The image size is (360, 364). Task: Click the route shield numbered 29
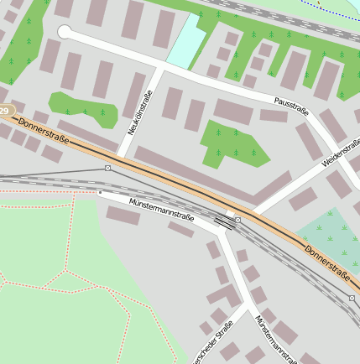click(x=6, y=111)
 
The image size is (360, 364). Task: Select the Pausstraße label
click(x=291, y=106)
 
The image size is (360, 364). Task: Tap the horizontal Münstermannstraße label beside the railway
click(x=161, y=210)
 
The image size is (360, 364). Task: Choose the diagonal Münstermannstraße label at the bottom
click(x=276, y=339)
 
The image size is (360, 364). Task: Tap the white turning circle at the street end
click(x=65, y=32)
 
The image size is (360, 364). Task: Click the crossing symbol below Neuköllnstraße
click(x=108, y=168)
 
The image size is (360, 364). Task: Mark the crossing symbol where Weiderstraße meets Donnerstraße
click(x=238, y=220)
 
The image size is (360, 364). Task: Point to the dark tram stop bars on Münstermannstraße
click(x=224, y=222)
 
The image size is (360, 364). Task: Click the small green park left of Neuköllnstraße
click(x=81, y=104)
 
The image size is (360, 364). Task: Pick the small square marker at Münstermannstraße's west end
click(x=99, y=192)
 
